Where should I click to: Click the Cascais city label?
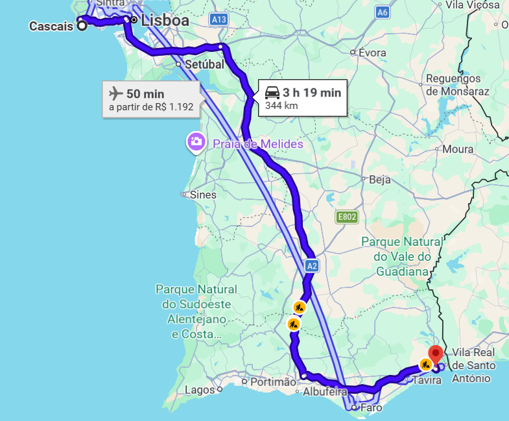pos(51,27)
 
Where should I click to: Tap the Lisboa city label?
pos(165,21)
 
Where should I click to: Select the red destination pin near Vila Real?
pos(436,354)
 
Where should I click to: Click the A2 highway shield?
pos(312,265)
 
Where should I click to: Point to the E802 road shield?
pos(347,217)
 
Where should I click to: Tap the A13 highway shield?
pos(219,20)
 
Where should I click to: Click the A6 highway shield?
pos(383,12)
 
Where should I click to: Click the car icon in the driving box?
pos(272,93)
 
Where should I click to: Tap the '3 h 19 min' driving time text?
pos(312,93)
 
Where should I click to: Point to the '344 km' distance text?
pos(281,105)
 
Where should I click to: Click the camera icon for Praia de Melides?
pos(196,142)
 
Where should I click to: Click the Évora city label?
pos(372,53)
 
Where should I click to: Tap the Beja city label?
pos(379,180)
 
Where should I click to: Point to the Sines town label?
pos(204,195)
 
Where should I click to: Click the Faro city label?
pos(371,408)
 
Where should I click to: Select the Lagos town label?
pos(200,390)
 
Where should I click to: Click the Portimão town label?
pos(273,382)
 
